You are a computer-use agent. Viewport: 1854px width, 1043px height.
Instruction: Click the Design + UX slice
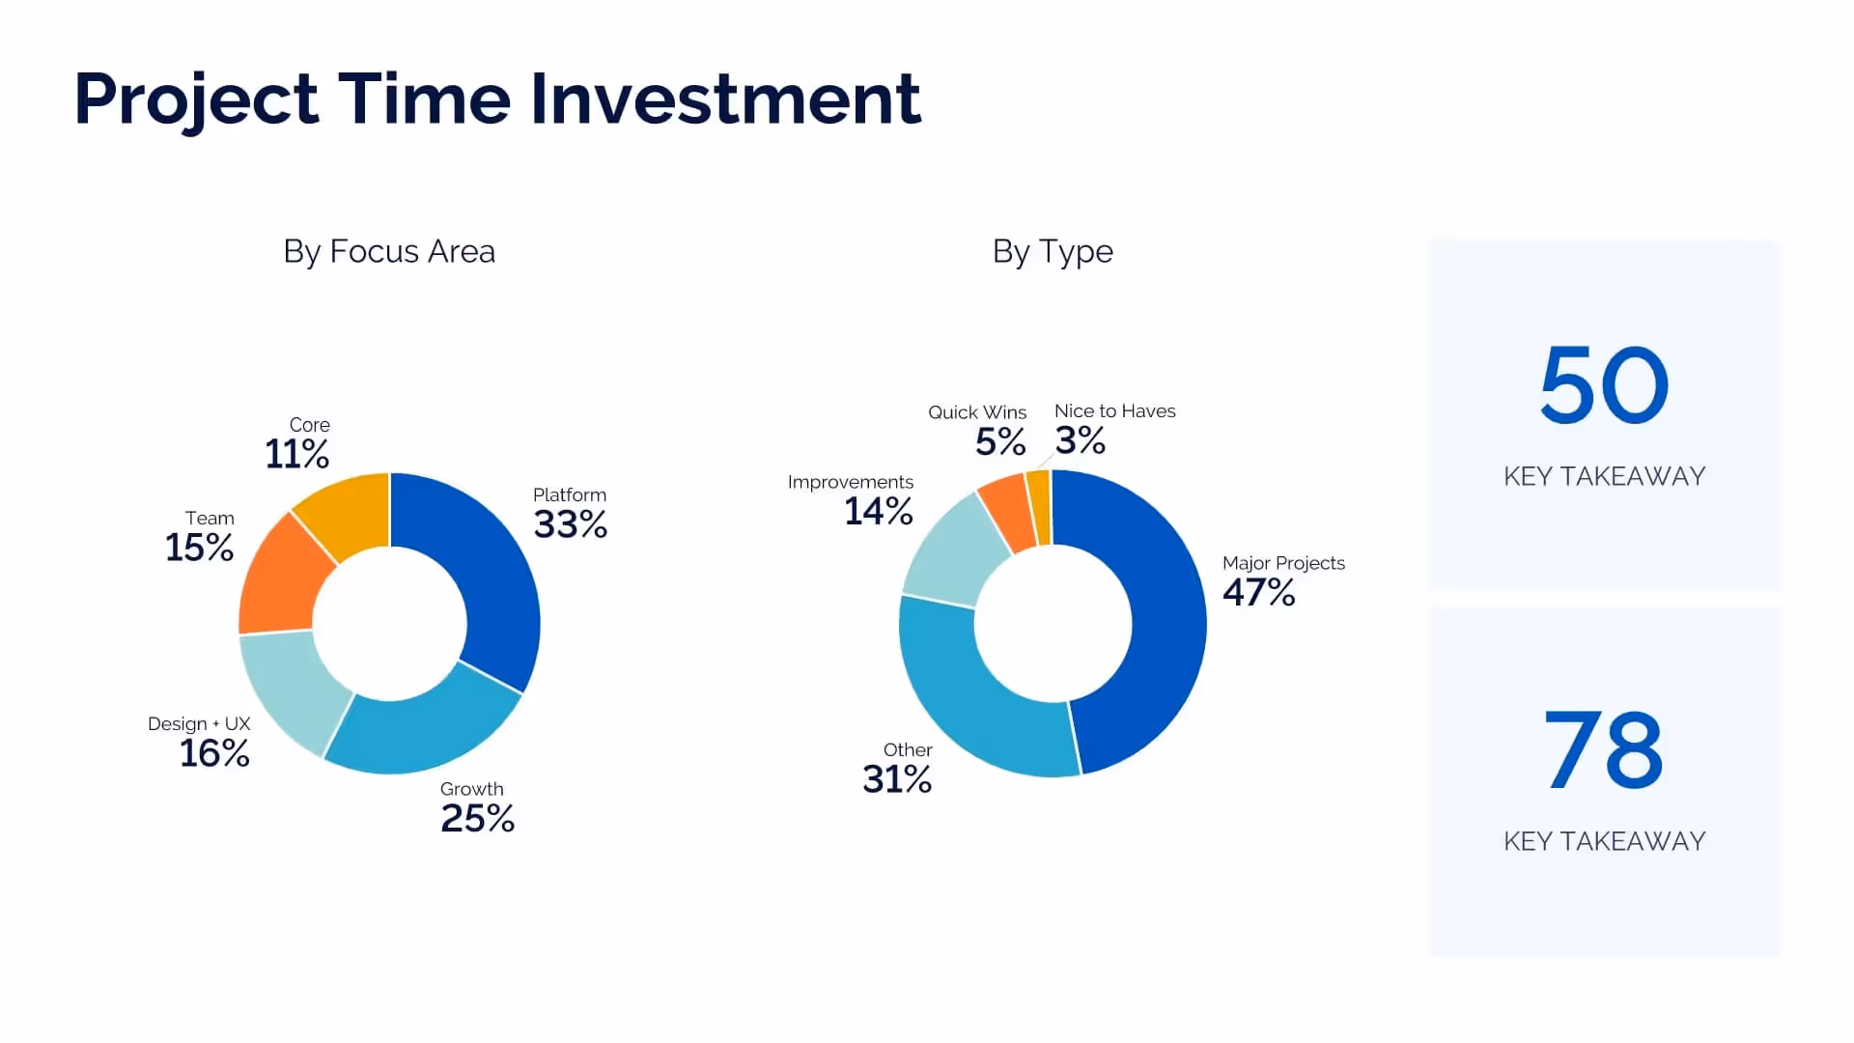[x=290, y=691]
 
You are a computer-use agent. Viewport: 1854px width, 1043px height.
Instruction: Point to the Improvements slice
[x=946, y=550]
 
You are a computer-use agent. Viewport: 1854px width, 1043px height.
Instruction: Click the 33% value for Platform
[x=570, y=524]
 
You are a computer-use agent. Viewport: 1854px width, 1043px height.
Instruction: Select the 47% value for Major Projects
[x=1258, y=592]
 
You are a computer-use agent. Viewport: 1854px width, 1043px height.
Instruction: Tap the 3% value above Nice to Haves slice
[x=1080, y=441]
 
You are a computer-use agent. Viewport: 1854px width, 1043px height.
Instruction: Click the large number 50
[x=1604, y=386]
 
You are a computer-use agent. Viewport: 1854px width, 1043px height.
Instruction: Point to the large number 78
[x=1604, y=750]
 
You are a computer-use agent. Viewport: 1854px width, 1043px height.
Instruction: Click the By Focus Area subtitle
[x=389, y=251]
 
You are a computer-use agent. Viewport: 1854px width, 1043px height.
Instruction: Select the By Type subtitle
[x=1053, y=251]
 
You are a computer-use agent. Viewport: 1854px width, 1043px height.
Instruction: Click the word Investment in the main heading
[x=726, y=99]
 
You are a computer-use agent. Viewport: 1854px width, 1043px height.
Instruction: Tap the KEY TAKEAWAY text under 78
[x=1604, y=841]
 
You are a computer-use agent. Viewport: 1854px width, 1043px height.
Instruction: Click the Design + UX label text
[x=199, y=723]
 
